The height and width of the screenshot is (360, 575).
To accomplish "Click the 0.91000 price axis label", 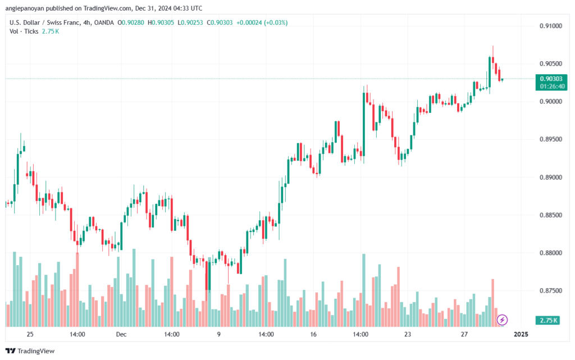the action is coord(550,26).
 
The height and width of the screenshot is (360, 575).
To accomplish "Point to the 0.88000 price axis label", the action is coord(550,253).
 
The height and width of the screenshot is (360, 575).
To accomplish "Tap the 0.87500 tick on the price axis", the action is coord(550,290).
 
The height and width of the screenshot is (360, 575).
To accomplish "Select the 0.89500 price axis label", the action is coord(550,139).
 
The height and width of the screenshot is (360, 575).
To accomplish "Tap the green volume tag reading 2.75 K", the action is coord(548,321).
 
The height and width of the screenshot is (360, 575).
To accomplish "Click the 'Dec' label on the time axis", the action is coord(121,334).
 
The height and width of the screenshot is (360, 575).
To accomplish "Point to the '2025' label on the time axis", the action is coord(521,334).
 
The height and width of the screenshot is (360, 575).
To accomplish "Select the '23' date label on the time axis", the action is coord(408,334).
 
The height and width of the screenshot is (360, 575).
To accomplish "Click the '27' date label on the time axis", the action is coord(464,334).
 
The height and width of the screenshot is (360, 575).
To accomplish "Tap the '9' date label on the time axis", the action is coord(219,334).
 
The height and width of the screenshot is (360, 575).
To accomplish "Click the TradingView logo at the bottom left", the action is coord(30,351).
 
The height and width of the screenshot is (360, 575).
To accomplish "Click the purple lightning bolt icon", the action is coord(502,320).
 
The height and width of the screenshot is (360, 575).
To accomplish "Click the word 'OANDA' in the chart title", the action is coord(104,22).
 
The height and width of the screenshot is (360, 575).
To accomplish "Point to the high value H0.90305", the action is coord(161,22).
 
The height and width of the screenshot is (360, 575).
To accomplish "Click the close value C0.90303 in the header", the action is coord(220,22).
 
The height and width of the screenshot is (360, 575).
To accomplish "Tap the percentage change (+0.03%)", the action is coord(276,22).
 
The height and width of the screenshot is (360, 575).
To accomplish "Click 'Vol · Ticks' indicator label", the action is coord(24,31).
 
